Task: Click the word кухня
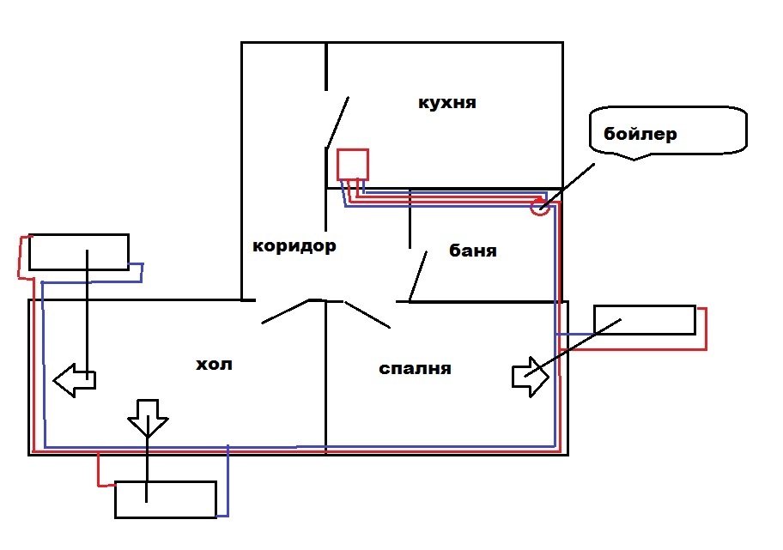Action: click(446, 104)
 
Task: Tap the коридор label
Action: click(294, 246)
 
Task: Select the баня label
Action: click(473, 251)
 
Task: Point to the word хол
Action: click(215, 365)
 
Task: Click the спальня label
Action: click(415, 369)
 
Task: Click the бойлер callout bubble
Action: click(668, 132)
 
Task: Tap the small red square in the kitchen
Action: click(352, 165)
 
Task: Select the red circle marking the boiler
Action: click(539, 207)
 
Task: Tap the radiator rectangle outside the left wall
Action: click(78, 251)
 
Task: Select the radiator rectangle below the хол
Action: click(166, 499)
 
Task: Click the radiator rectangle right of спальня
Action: click(644, 320)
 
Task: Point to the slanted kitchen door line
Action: click(337, 123)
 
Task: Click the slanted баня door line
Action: click(419, 275)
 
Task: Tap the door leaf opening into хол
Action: click(285, 311)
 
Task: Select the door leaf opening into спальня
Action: click(367, 314)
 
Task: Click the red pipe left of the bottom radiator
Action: click(99, 470)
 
